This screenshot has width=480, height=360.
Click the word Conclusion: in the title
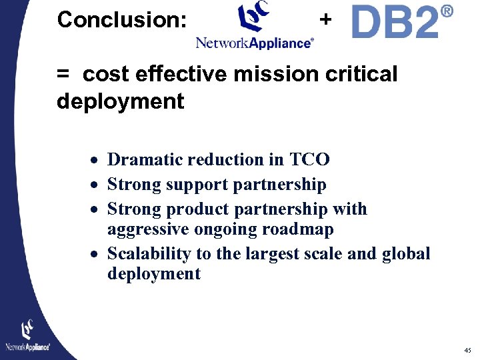click(x=122, y=20)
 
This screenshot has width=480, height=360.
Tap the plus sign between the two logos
click(x=325, y=19)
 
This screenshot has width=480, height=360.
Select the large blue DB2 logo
click(x=395, y=23)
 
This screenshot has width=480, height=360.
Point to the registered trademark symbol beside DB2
click(x=447, y=11)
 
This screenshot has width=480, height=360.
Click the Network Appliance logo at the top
click(x=254, y=27)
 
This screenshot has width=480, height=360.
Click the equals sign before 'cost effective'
click(x=63, y=75)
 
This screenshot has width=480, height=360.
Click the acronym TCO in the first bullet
click(x=309, y=160)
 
